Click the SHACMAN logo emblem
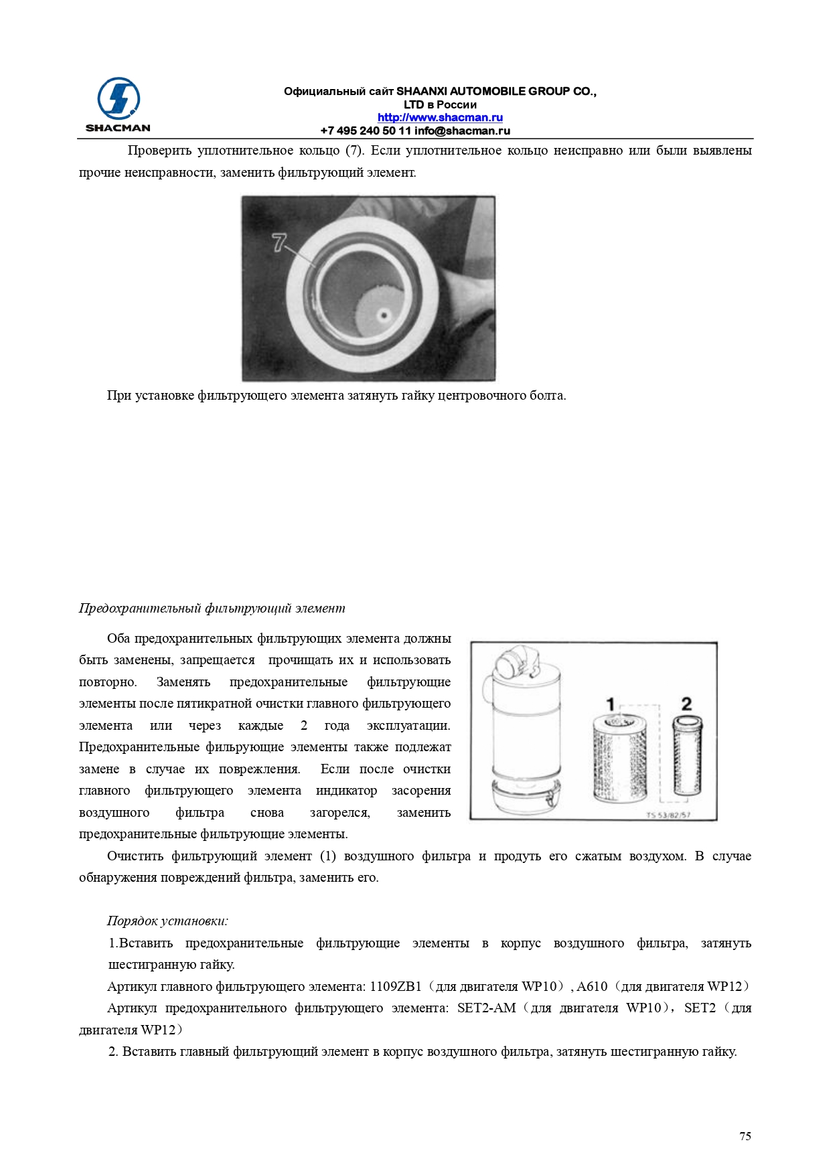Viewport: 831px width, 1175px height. pos(118,99)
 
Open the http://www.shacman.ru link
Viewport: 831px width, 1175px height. pos(439,118)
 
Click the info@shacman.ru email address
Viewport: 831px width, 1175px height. pos(462,131)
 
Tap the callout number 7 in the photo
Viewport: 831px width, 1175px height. pos(279,242)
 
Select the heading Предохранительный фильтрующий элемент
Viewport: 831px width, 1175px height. pos(212,609)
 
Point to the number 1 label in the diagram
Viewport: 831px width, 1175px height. pos(610,704)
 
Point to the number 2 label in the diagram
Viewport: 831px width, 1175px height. pos(686,704)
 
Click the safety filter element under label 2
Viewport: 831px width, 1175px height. pos(687,757)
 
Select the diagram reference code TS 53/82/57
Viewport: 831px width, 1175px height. pos(668,815)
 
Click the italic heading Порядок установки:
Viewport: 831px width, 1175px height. pos(167,921)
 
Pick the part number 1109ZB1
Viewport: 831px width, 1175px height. pos(396,987)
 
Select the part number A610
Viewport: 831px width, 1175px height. pos(592,987)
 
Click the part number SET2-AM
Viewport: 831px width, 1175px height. pos(486,1008)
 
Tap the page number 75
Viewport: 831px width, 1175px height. pos(745,1136)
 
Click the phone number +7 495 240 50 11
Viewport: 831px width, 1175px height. pos(366,131)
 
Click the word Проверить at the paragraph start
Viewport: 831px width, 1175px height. pos(159,151)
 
